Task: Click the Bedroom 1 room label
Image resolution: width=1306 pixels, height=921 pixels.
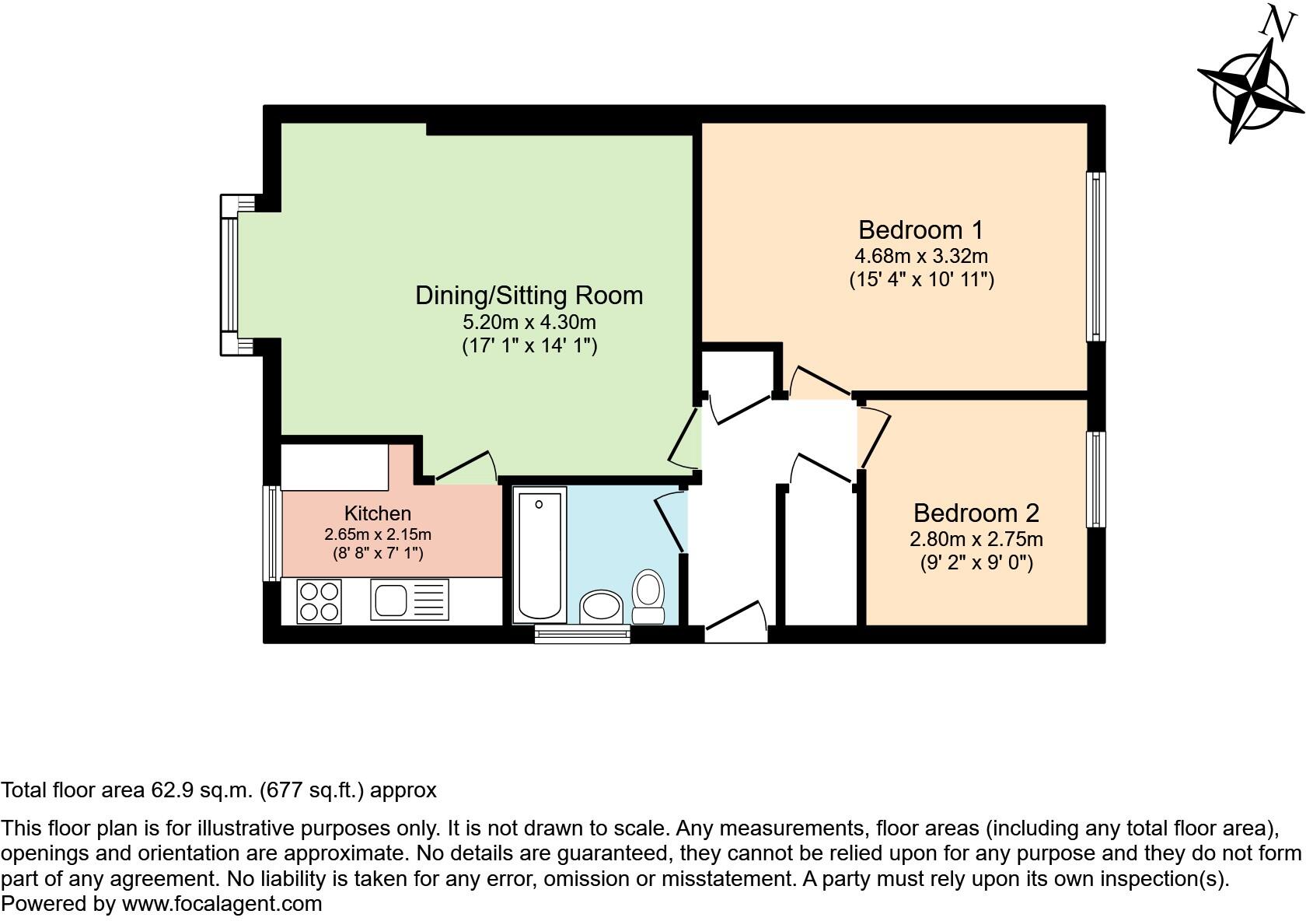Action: (x=920, y=230)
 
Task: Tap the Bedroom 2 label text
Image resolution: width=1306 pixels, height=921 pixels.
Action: (x=976, y=513)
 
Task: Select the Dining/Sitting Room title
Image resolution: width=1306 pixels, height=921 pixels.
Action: (x=529, y=296)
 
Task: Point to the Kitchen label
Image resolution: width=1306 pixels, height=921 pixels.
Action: (x=378, y=513)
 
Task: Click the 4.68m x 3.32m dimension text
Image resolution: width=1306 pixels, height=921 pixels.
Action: (x=920, y=256)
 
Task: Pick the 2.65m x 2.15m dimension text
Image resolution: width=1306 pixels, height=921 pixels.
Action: (x=378, y=534)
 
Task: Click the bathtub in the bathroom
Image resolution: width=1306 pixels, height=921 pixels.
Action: (x=540, y=554)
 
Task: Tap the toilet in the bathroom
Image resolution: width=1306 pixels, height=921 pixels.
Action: (x=648, y=597)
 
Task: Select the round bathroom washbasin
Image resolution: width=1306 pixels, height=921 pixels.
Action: (x=601, y=607)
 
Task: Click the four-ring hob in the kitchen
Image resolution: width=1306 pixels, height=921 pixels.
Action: (x=319, y=601)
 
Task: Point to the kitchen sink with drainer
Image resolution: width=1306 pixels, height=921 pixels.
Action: (x=409, y=601)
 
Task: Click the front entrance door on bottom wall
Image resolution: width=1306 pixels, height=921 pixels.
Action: (x=735, y=622)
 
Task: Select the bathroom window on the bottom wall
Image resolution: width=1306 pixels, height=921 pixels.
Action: (x=582, y=634)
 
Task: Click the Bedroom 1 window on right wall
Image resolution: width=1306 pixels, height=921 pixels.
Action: (x=1096, y=256)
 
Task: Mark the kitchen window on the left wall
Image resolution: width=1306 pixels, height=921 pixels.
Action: (x=272, y=533)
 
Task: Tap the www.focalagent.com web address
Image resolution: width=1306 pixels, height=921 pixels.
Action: (x=222, y=904)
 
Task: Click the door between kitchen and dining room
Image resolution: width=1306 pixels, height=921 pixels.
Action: (x=465, y=468)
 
